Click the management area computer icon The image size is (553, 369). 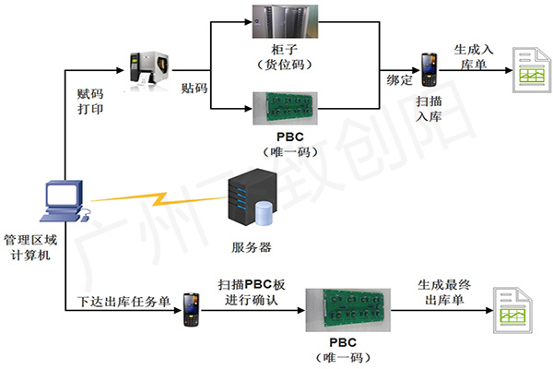(x=65, y=202)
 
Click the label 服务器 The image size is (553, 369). (x=252, y=247)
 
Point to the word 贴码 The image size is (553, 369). (x=194, y=88)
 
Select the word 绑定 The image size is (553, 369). (x=399, y=82)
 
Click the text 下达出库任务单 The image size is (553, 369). (x=121, y=301)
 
